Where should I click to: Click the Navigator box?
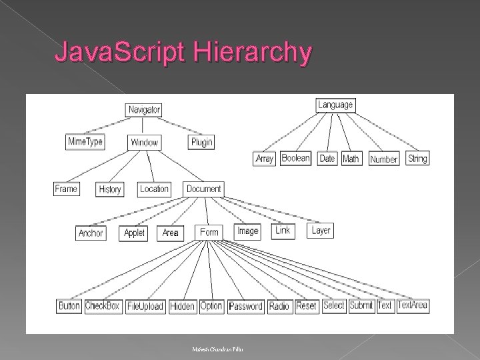coord(143,109)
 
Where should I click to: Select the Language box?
coord(335,105)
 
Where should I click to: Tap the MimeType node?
coord(85,141)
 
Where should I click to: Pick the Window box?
coord(145,142)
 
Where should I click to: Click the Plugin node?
coord(202,141)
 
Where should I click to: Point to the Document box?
coord(204,189)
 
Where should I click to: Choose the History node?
coord(109,189)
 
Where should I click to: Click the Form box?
coord(209,232)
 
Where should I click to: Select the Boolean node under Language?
coord(295,158)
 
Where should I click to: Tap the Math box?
coord(351,159)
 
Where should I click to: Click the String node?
coord(417,159)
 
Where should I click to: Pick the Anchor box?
coord(91,233)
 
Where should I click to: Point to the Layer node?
coord(321,231)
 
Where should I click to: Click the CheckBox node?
coord(103,306)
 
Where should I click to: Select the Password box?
coord(245,307)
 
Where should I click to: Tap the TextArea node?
coord(413,305)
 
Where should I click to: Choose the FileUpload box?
coord(145,307)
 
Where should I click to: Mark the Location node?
coord(154,189)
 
